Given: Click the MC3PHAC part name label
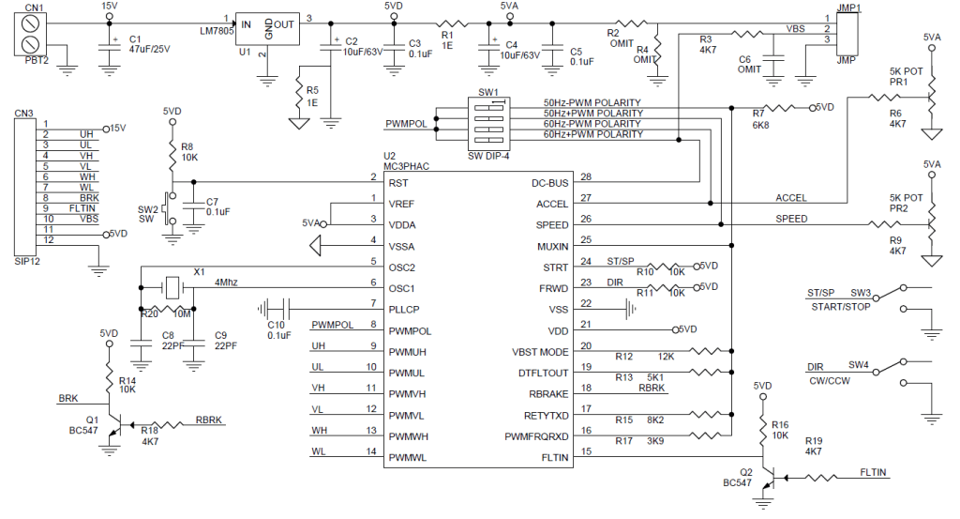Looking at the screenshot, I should [406, 166].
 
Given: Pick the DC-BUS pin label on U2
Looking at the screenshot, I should [550, 182].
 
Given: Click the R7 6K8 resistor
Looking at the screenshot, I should [779, 108].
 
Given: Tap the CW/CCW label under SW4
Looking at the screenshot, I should [828, 380].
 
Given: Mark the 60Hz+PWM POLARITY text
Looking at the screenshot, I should [592, 134].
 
